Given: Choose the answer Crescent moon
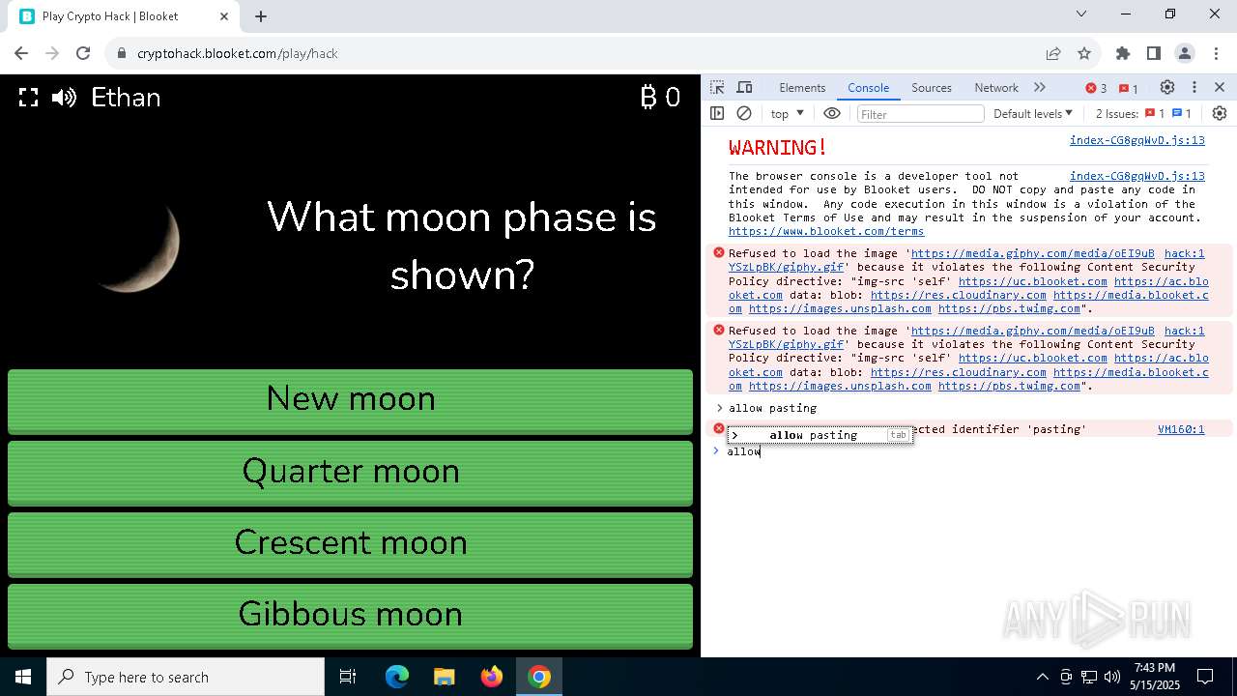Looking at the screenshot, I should [350, 543].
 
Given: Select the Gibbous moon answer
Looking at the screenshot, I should [350, 615].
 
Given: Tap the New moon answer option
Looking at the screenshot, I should [350, 399].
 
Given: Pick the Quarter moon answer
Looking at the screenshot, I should [350, 472].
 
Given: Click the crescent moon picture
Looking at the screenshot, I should [141, 246].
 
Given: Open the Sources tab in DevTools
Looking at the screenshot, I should [931, 87].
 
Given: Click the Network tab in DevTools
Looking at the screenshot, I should [995, 87].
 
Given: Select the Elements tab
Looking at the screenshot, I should [802, 87].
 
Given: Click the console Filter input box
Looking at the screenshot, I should [919, 114].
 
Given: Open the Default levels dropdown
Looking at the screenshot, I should [1032, 114].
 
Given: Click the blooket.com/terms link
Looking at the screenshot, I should [826, 231].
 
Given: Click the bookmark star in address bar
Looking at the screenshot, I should [1084, 53].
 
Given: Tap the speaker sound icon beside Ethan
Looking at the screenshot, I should [64, 98].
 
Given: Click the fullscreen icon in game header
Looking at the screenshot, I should [29, 98].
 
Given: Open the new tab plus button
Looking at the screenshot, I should [261, 15].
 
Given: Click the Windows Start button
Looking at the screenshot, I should [23, 677].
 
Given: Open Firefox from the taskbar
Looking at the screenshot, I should [492, 677].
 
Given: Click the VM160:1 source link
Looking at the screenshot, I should [1180, 429].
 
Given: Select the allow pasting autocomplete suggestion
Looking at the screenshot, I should [813, 435].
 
